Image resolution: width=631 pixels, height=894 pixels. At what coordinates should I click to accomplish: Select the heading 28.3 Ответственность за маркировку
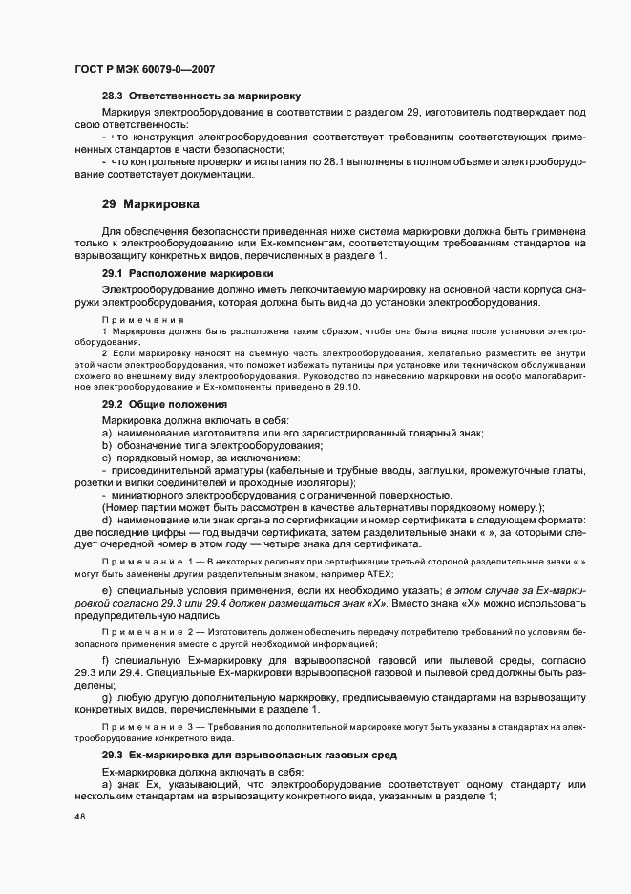pos(201,96)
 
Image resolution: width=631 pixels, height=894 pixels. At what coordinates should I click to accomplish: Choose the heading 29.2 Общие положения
pos(158,405)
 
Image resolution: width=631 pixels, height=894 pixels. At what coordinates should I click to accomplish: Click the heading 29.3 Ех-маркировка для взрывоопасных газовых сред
pos(249,756)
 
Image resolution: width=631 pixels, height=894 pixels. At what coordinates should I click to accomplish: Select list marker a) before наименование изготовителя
pos(108,434)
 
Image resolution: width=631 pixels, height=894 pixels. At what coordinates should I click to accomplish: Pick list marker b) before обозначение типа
pos(108,446)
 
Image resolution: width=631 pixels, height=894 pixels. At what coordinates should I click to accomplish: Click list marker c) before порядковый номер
pos(108,458)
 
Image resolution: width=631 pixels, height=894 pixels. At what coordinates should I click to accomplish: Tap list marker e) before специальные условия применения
pos(108,594)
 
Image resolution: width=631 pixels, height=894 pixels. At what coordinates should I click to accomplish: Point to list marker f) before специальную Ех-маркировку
pos(107,660)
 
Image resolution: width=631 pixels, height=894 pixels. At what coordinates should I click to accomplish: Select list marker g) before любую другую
pos(108,696)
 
